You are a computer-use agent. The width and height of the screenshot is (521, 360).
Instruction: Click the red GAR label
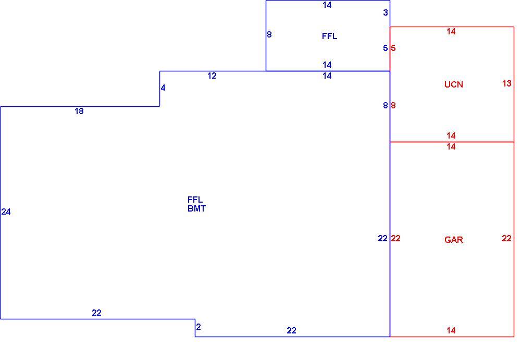click(x=454, y=240)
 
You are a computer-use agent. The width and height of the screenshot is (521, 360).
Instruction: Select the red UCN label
click(x=454, y=84)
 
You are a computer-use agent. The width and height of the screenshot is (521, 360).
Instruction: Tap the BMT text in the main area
click(x=197, y=208)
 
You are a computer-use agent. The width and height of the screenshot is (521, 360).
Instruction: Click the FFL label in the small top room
click(x=330, y=36)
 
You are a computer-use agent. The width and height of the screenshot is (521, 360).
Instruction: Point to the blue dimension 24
click(x=6, y=212)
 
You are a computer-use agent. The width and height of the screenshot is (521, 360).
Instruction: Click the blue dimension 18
click(x=79, y=111)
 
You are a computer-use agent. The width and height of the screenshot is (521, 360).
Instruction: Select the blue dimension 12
click(x=212, y=76)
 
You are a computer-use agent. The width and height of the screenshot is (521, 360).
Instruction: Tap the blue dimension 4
click(x=163, y=88)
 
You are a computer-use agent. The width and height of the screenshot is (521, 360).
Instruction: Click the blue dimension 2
click(x=199, y=327)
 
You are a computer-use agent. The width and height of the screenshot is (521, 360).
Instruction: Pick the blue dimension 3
click(x=386, y=13)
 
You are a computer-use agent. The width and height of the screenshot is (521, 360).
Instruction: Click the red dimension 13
click(x=507, y=83)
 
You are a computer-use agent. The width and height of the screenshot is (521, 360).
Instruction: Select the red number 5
click(x=393, y=48)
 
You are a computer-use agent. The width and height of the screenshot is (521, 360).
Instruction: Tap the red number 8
click(x=393, y=105)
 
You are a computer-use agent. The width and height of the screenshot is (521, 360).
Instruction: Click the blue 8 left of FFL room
click(x=269, y=34)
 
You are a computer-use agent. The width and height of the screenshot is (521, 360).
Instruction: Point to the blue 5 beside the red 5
click(x=386, y=48)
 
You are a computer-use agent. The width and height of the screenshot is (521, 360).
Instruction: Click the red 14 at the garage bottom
click(x=451, y=330)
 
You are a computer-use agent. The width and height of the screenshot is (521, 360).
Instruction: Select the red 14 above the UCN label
click(x=451, y=32)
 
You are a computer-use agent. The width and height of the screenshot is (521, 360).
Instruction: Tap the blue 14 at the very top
click(x=327, y=5)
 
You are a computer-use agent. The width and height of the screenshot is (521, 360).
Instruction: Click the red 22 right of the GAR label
click(x=507, y=238)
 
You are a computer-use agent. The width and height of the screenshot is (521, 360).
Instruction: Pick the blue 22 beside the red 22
click(x=383, y=238)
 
